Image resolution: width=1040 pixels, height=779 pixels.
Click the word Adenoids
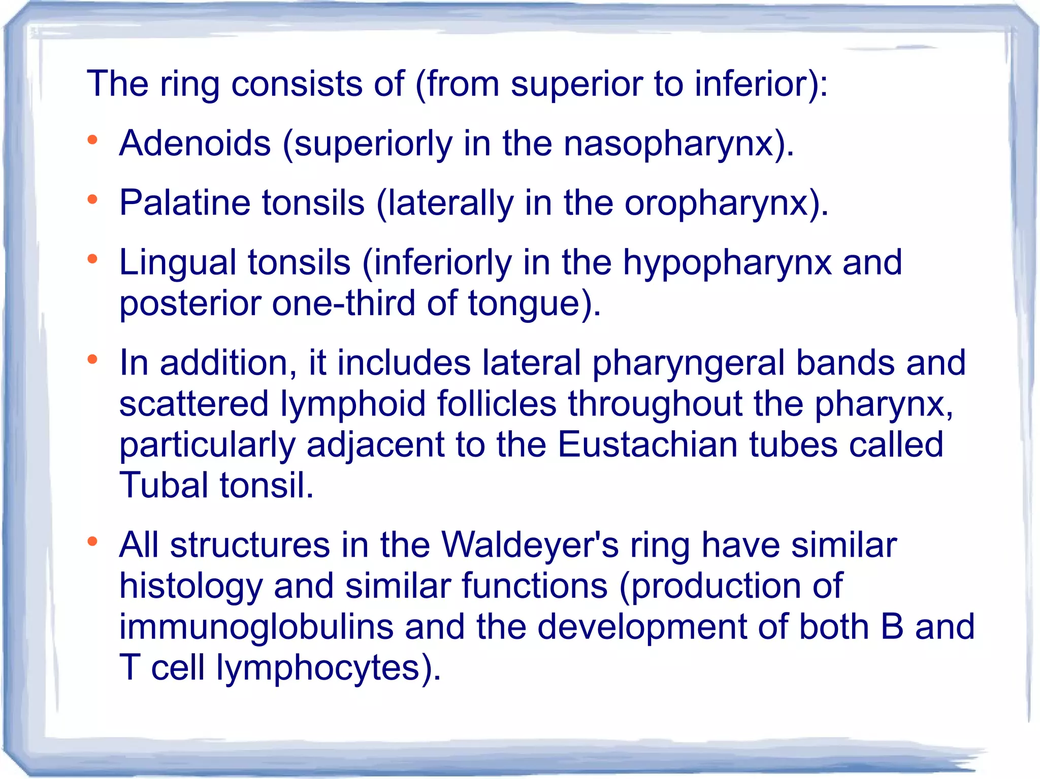point(195,143)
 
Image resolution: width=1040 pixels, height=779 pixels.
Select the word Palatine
point(185,203)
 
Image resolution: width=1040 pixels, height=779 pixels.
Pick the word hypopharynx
point(727,263)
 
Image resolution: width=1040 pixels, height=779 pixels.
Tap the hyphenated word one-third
point(344,303)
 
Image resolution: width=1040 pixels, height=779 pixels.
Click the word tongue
point(524,304)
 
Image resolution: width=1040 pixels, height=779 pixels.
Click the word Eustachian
point(647,444)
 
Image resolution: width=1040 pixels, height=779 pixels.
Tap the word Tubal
point(164,485)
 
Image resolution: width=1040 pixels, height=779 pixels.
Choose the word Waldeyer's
point(530,545)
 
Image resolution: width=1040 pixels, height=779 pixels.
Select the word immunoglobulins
point(256,627)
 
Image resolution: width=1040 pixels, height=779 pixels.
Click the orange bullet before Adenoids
point(92,140)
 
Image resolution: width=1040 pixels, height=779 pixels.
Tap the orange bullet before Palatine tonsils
point(92,200)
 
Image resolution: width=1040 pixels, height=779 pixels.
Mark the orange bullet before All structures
point(92,542)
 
